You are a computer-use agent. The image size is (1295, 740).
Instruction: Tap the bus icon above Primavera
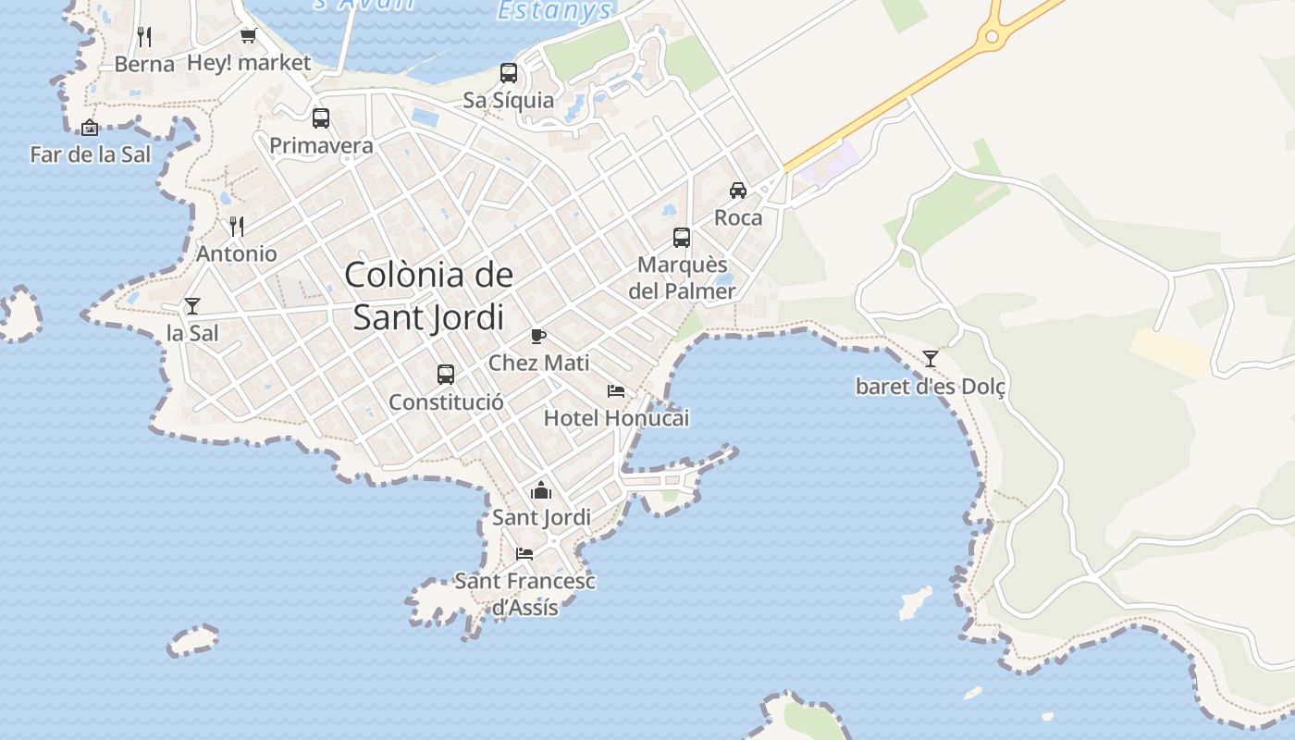click(321, 118)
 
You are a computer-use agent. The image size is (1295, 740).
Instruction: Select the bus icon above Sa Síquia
click(509, 73)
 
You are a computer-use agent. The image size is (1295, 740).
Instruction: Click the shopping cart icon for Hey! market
click(248, 36)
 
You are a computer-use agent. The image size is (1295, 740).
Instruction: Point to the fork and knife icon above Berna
click(144, 37)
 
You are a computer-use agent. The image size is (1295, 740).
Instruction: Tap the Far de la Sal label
click(90, 154)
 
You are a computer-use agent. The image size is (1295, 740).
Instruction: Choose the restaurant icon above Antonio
click(237, 227)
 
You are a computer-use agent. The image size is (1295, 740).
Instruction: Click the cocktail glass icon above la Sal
click(192, 306)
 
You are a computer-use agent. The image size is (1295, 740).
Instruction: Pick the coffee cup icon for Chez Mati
click(538, 336)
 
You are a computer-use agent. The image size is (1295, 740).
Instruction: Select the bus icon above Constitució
click(446, 375)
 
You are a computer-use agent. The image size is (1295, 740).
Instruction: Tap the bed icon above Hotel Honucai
click(616, 391)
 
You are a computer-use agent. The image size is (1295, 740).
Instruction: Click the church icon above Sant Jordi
click(541, 490)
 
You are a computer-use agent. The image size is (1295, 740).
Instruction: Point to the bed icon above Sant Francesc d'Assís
click(524, 554)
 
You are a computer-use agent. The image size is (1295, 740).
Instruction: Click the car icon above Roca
click(738, 191)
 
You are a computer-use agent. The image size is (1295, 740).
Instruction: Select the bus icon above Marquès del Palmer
click(682, 238)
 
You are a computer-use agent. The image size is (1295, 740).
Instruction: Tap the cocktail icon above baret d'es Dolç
click(931, 359)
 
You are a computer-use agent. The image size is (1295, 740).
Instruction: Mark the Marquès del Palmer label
click(683, 277)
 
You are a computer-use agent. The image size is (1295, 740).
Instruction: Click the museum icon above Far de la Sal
click(90, 128)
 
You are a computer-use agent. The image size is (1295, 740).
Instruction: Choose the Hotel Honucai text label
click(616, 418)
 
